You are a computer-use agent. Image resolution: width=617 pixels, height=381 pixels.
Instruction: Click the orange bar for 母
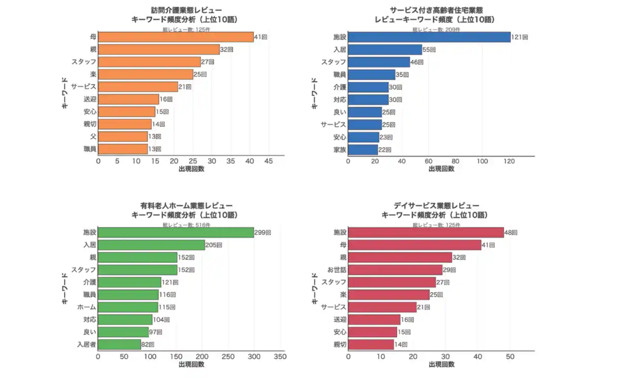(176, 37)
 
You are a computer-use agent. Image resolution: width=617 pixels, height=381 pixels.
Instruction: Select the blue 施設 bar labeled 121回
(429, 37)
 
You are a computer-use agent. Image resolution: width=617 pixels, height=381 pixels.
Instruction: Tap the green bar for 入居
(151, 245)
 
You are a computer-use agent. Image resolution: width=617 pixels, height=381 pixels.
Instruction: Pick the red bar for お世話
(395, 270)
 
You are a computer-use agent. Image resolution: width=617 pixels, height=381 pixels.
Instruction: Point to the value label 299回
(263, 232)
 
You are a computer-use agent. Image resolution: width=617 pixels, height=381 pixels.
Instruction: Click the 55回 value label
(429, 50)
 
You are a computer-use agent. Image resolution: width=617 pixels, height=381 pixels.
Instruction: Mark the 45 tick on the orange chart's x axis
(268, 161)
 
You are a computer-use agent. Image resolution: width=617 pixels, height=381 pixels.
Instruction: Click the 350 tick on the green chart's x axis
(280, 356)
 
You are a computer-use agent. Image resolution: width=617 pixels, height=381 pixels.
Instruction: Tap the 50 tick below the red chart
(510, 356)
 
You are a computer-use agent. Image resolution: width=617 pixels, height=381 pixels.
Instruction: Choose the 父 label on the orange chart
(93, 136)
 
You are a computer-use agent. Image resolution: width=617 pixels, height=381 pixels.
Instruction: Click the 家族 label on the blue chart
(340, 150)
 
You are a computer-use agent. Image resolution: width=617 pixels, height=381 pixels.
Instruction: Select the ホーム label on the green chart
(87, 307)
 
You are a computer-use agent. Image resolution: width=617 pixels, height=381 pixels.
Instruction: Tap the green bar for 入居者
(120, 344)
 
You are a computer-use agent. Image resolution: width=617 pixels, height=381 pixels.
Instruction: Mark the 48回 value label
(510, 232)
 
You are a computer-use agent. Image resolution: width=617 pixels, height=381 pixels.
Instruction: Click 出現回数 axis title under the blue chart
(441, 169)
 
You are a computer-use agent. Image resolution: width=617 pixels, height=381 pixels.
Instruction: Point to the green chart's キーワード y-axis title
(65, 288)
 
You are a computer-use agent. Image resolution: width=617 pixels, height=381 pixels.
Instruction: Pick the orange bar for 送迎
(129, 99)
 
